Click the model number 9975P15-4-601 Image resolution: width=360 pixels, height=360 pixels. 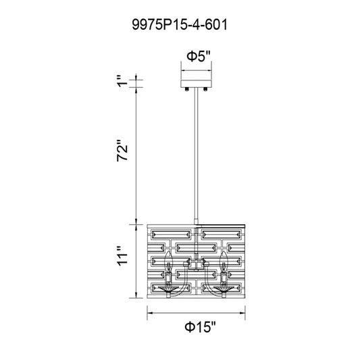pyautogui.click(x=180, y=24)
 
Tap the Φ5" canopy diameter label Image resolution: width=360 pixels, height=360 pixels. pyautogui.click(x=199, y=56)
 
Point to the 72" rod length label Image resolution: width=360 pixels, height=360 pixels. pyautogui.click(x=122, y=151)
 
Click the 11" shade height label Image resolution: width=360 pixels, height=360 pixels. pyautogui.click(x=122, y=256)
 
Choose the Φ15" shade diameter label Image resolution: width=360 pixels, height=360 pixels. pyautogui.click(x=201, y=327)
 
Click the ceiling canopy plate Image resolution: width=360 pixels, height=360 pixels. pyautogui.click(x=196, y=84)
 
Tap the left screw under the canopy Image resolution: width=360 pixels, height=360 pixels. pyautogui.click(x=187, y=90)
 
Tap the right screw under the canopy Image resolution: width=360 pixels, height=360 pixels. pyautogui.click(x=205, y=90)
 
